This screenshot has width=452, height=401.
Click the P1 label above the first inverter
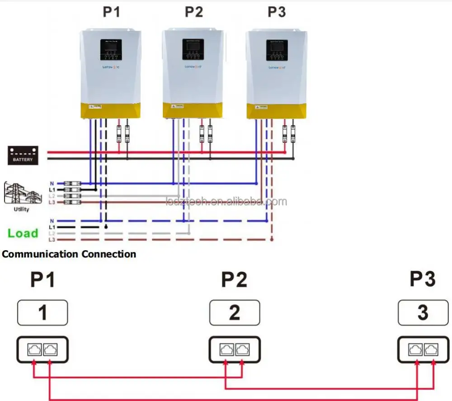point(111,12)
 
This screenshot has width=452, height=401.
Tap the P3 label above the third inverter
point(276,12)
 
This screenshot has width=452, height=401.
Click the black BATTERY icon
point(23,155)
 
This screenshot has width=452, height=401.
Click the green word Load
point(23,233)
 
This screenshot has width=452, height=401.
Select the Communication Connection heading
point(69,254)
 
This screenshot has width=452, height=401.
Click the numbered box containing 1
point(43,312)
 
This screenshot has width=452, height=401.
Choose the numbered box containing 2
point(235,312)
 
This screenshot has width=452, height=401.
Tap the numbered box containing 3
point(423,312)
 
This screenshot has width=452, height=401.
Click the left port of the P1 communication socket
point(34,349)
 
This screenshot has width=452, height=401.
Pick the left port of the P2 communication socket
point(226,349)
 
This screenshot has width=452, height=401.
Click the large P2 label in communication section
point(234,281)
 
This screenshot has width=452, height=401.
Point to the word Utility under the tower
point(22,209)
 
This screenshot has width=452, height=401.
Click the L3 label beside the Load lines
point(52,239)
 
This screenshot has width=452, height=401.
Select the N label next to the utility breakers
point(52,183)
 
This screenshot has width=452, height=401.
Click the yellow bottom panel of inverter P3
point(276,110)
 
